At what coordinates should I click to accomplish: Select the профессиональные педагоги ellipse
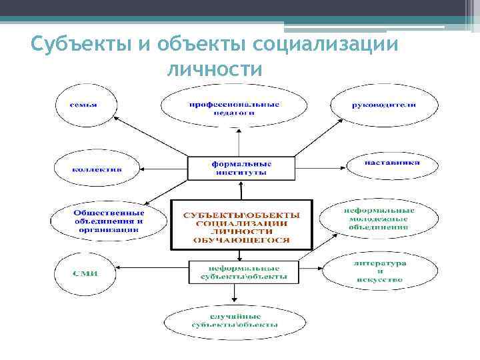(x=234, y=107)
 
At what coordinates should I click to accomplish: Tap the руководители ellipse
(x=384, y=105)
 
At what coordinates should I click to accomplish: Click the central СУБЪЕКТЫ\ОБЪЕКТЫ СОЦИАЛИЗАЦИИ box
(x=241, y=225)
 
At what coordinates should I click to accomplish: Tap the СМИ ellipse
(x=85, y=272)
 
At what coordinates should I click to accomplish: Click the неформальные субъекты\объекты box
(x=239, y=270)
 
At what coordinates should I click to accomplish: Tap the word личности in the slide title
(x=215, y=69)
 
